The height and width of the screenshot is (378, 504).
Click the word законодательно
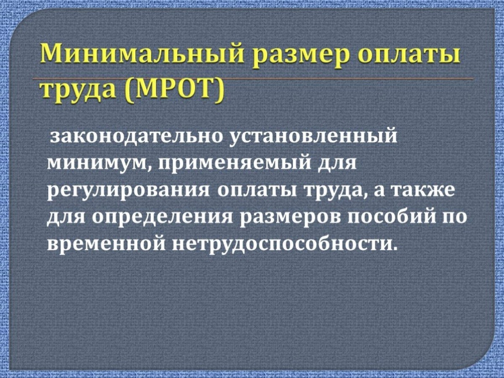tap(138, 137)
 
